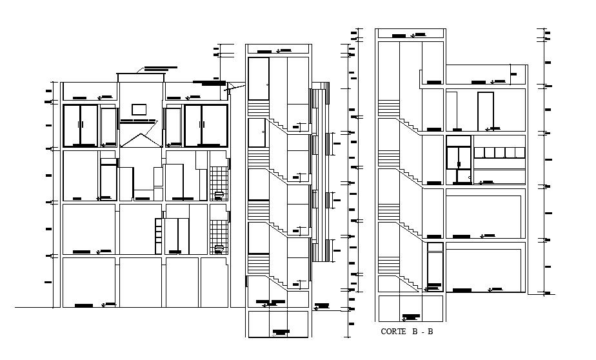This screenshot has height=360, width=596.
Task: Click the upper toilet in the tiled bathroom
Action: pyautogui.click(x=219, y=193)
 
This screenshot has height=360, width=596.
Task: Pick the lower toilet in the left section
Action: pyautogui.click(x=219, y=247)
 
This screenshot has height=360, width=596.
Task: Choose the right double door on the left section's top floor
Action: pyautogui.click(x=206, y=125)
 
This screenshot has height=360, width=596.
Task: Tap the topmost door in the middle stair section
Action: pyautogui.click(x=259, y=73)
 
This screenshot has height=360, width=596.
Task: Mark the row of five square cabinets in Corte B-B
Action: pyautogui.click(x=500, y=153)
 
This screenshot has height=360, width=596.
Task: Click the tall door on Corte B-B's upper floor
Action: pyautogui.click(x=485, y=111)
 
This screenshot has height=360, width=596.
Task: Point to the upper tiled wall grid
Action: pyautogui.click(x=219, y=177)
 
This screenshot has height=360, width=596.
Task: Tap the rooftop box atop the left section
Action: pyautogui.click(x=141, y=78)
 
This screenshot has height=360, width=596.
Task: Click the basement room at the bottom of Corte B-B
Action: pyautogui.click(x=410, y=308)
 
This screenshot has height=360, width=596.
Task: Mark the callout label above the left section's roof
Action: pyautogui.click(x=161, y=68)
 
